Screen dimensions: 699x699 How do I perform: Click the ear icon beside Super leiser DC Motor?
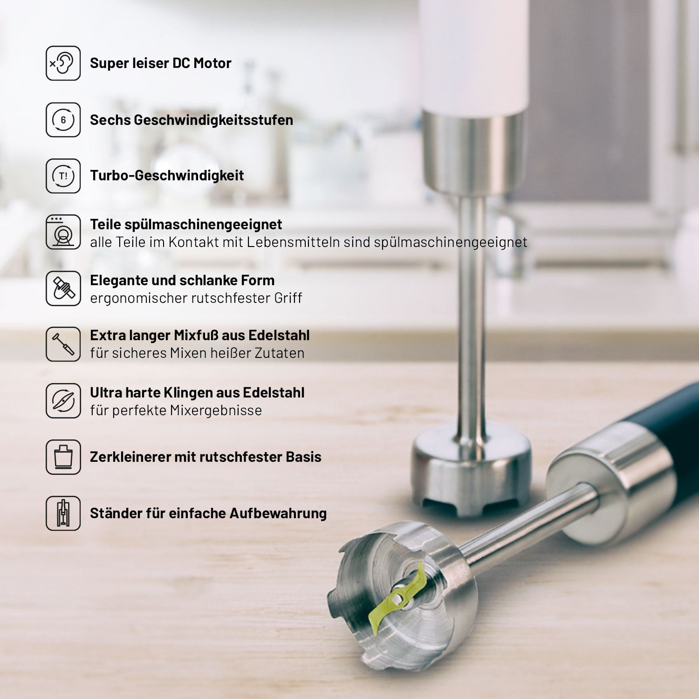tap(63, 63)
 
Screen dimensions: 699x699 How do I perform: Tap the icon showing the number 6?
tap(63, 120)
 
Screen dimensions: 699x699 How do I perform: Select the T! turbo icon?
tap(63, 176)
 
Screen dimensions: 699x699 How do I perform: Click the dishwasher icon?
tap(63, 232)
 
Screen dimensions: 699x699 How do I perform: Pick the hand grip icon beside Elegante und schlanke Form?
tap(63, 288)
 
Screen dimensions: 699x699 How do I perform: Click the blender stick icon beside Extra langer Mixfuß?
tap(63, 344)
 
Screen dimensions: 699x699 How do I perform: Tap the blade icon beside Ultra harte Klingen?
tap(63, 401)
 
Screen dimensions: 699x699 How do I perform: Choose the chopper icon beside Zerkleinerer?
tap(63, 457)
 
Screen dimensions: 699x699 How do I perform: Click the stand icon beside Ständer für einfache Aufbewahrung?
tap(63, 513)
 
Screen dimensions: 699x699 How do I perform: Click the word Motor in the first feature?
tap(212, 63)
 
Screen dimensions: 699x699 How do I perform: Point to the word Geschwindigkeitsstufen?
tap(213, 120)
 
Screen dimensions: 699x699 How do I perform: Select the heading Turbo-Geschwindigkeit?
tap(167, 176)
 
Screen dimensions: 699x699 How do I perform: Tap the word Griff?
tap(288, 298)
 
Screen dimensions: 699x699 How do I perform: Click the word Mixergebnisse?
tap(216, 411)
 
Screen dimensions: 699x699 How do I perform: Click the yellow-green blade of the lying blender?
tap(397, 599)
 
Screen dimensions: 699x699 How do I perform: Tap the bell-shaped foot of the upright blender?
tap(471, 471)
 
